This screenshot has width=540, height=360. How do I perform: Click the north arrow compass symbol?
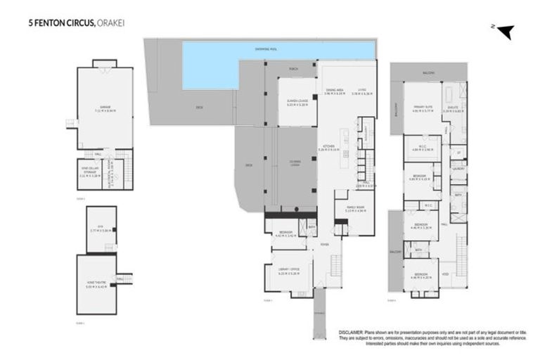point(506,31)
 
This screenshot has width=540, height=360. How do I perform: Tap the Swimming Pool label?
point(281,48)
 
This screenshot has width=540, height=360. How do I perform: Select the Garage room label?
point(105,108)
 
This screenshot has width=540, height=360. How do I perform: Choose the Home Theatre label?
point(95,285)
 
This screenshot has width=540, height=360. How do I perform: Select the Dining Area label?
point(335,90)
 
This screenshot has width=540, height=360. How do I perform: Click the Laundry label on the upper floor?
point(458,169)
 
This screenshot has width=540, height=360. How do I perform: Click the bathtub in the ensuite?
point(451,96)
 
